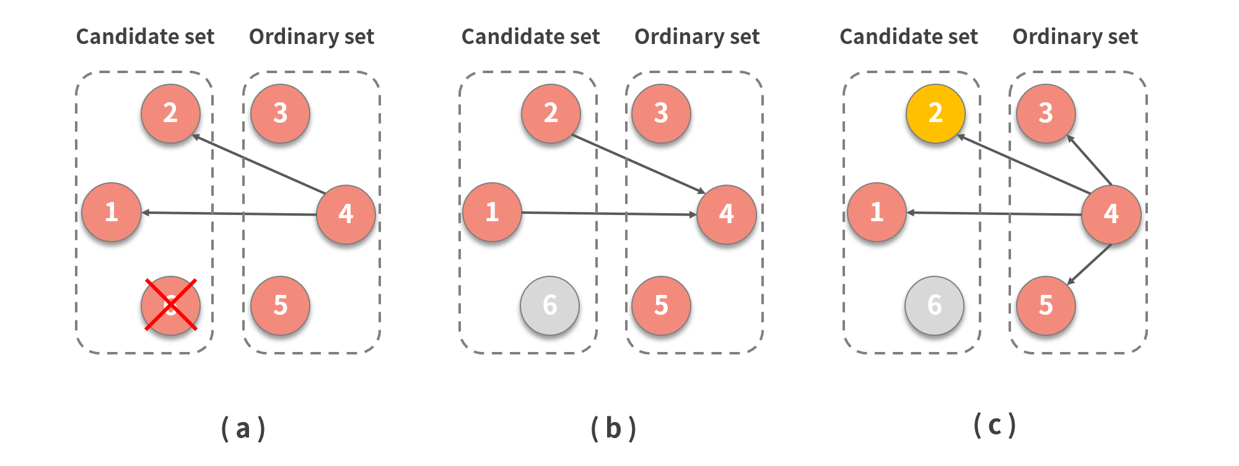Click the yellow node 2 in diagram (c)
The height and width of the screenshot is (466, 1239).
(x=935, y=113)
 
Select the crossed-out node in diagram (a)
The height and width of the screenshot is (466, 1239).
(x=170, y=305)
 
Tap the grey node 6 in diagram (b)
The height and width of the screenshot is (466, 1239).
(x=549, y=305)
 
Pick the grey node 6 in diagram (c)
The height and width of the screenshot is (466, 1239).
(x=934, y=305)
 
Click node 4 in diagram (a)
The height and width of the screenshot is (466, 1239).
(x=346, y=214)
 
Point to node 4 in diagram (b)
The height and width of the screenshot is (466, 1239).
(x=726, y=214)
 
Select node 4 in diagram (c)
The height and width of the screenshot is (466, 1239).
(x=1111, y=214)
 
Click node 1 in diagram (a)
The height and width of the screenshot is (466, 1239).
(x=112, y=212)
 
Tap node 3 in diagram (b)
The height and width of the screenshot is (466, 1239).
(x=661, y=113)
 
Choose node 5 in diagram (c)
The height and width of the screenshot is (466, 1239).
(x=1046, y=305)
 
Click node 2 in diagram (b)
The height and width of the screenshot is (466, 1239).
(x=551, y=113)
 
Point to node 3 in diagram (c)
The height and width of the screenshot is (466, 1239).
(x=1046, y=113)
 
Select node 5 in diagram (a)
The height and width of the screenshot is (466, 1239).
(x=280, y=305)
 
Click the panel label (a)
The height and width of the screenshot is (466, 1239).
(x=243, y=428)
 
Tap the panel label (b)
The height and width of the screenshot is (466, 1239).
(x=613, y=428)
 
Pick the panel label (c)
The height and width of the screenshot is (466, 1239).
(x=994, y=425)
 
